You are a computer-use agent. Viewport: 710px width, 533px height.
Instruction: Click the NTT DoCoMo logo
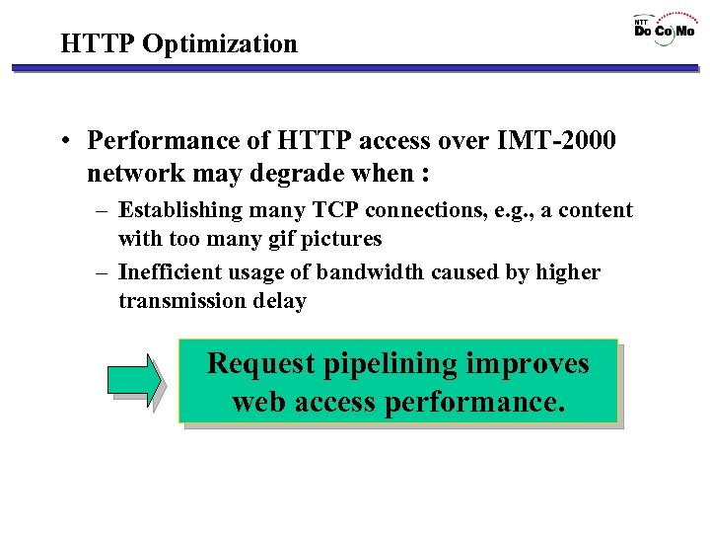tap(664, 29)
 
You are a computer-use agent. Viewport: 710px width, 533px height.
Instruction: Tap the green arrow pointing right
tap(134, 381)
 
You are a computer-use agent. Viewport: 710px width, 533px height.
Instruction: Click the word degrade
tap(325, 174)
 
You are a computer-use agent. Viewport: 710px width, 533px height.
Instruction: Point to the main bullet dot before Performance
tap(66, 143)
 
